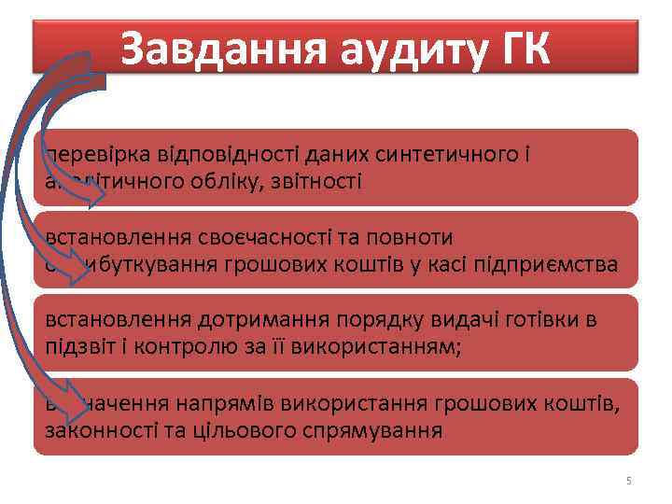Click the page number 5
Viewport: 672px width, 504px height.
pos(628,481)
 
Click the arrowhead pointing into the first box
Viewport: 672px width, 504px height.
pos(97,193)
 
